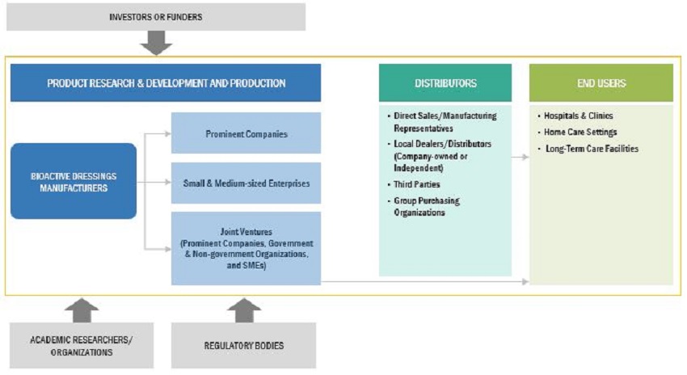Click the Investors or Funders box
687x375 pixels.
(x=156, y=17)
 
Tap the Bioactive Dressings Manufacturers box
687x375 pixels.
(x=74, y=181)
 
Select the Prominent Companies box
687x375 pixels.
(x=246, y=133)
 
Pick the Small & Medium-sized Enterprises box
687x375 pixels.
(x=246, y=183)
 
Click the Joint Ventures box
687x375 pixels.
(x=246, y=248)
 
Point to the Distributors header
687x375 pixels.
(x=445, y=82)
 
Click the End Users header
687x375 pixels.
(x=601, y=82)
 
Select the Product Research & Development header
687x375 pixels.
(x=166, y=82)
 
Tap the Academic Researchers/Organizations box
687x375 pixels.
(x=82, y=346)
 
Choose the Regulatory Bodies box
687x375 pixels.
(x=243, y=346)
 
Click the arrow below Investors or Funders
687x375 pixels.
(x=156, y=43)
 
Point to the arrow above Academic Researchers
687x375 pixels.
(x=82, y=310)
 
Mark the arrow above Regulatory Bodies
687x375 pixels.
(x=244, y=310)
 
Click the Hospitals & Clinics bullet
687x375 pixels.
(x=575, y=116)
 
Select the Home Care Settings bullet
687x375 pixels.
(x=577, y=132)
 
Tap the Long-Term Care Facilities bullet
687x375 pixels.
(x=588, y=149)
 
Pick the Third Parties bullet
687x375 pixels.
(x=414, y=184)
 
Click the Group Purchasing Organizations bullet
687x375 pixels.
(x=424, y=206)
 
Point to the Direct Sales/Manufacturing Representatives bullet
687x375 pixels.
(x=442, y=122)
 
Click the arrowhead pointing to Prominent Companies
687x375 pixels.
(x=168, y=133)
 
